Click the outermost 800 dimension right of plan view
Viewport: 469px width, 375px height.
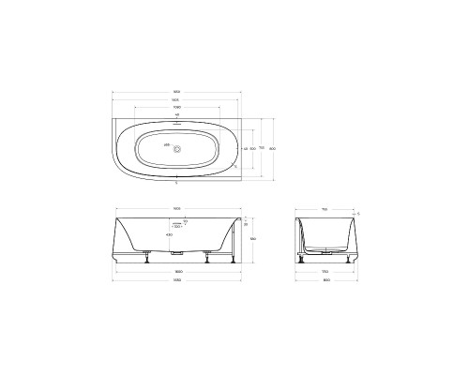(x=273, y=148)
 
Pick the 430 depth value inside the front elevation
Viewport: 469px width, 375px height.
(x=169, y=233)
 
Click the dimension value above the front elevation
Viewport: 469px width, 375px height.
(x=176, y=208)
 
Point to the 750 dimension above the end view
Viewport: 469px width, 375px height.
(x=324, y=208)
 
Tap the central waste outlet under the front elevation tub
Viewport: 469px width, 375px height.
(x=176, y=254)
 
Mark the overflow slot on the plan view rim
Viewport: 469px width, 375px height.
(x=176, y=122)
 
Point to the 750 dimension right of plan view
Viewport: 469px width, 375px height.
(x=263, y=148)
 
